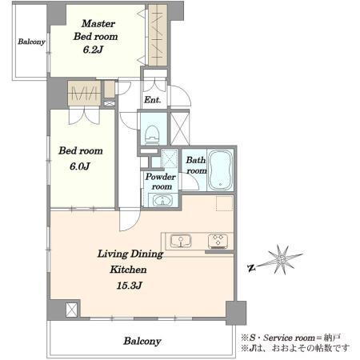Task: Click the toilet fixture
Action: [153, 134]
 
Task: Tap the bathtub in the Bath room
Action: [220, 170]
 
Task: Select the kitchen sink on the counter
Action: [181, 241]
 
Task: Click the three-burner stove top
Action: [218, 241]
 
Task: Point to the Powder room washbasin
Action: [162, 201]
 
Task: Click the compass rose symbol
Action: [282, 259]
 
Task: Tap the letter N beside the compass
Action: [251, 268]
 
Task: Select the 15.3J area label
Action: [130, 286]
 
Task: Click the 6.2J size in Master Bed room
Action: [93, 50]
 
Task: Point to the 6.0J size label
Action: [80, 166]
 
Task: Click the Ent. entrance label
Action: [153, 100]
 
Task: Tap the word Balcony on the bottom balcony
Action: [142, 341]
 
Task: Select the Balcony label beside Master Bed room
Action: [31, 42]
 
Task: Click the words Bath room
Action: [196, 166]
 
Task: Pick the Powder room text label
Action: [161, 182]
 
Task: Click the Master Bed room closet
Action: [158, 34]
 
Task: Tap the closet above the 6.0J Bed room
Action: [84, 93]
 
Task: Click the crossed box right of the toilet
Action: [180, 129]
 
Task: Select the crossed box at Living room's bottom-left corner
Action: [71, 310]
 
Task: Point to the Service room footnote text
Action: [291, 338]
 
